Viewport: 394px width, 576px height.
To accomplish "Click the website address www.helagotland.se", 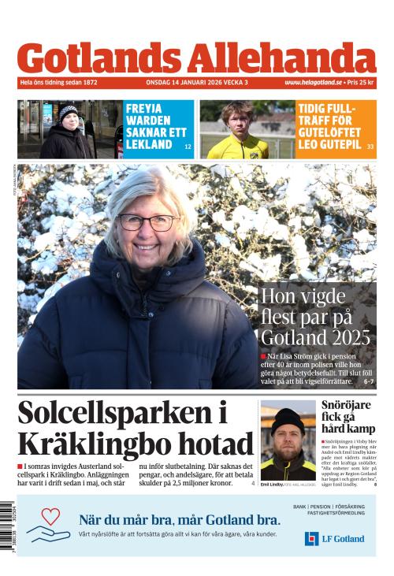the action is [313, 82].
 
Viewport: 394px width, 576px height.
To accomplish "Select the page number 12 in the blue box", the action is [188, 147].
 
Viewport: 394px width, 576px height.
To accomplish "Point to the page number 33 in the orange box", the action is [370, 147].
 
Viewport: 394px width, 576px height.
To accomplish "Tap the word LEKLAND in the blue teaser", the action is [149, 145].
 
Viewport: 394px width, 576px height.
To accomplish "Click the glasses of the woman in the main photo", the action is [147, 222].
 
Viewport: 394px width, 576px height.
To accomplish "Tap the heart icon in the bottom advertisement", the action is [51, 517].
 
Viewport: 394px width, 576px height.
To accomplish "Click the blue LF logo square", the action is [311, 538].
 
